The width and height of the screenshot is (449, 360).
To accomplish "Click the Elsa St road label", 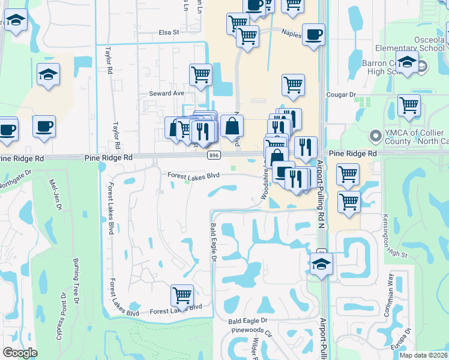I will tap(169, 32).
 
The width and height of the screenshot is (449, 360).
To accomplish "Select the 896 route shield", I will tap(213, 155).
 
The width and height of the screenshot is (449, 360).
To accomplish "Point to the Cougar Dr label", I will tap(340, 95).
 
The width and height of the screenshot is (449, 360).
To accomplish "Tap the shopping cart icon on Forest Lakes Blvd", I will tap(182, 295).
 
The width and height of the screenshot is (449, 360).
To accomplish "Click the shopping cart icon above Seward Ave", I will tap(200, 75).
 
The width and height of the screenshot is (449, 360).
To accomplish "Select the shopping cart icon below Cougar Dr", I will tap(409, 104).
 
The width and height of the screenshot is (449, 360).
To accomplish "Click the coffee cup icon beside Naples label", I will tap(313, 34).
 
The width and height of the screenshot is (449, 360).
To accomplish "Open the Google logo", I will tap(20, 353).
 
